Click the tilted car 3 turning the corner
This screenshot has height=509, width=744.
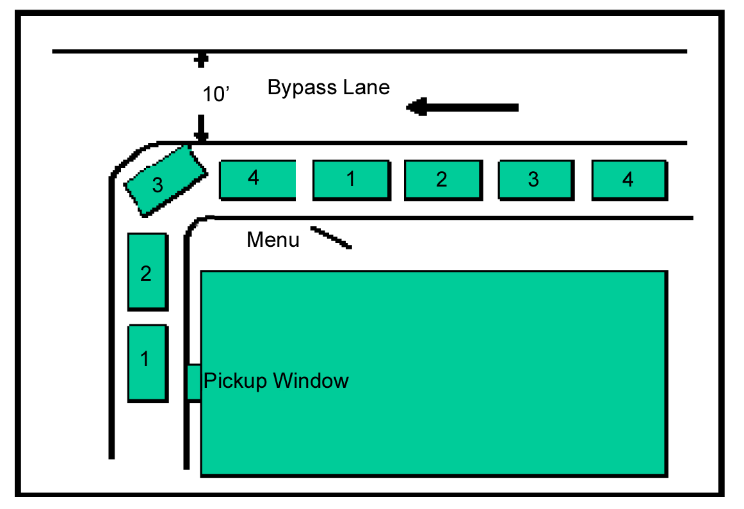pos(166,181)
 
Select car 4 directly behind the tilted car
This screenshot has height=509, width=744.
pos(257,180)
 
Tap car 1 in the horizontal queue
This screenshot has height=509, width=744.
pos(352,180)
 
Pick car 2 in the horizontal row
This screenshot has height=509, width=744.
pos(443,180)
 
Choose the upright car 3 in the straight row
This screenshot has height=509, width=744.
pos(536,180)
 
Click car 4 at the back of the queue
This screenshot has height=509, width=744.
pos(629,180)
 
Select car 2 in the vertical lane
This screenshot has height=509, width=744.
pos(147,272)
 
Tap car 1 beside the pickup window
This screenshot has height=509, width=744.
pos(147,363)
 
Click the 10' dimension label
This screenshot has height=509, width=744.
pos(216,94)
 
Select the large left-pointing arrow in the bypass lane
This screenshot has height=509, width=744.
pos(462,108)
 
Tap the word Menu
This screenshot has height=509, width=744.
pos(273,240)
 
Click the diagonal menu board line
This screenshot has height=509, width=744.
pos(331,238)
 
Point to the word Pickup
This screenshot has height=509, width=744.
pos(235,381)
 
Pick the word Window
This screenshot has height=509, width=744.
pos(311,381)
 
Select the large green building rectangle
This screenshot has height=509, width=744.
pos(434,374)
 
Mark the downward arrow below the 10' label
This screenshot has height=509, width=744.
pos(201,128)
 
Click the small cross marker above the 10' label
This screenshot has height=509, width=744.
pos(201,60)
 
